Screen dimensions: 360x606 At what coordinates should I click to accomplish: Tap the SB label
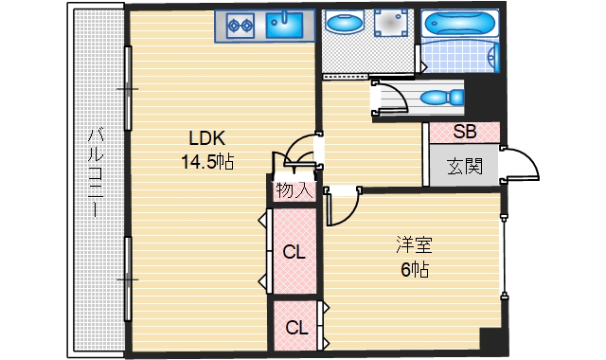pos(464,132)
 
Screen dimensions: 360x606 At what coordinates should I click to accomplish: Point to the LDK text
pos(205,135)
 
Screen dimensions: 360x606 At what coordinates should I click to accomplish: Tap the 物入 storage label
pos(294,189)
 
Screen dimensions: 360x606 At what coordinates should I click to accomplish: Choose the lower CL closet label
pos(296,328)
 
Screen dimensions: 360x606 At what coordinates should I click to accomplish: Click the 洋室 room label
pos(414,245)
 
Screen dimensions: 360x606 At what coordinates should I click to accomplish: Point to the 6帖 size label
pos(415,271)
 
